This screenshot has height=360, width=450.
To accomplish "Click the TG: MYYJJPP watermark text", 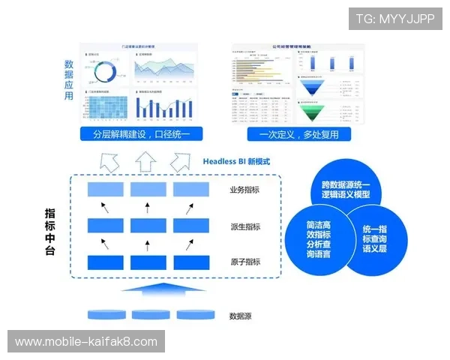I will [x=395, y=18].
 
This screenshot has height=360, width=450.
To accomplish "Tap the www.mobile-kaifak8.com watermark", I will [x=86, y=342].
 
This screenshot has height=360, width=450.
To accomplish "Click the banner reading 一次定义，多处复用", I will [x=298, y=135].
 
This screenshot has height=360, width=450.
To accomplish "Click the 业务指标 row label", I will [x=244, y=190].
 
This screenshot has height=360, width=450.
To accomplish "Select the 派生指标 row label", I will [x=244, y=226].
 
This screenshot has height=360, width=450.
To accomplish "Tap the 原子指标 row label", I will [x=244, y=262].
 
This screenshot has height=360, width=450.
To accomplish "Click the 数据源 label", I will [x=240, y=316].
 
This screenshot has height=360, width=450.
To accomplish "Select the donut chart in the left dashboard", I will [x=104, y=70].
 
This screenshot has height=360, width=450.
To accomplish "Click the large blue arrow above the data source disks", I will [x=148, y=292].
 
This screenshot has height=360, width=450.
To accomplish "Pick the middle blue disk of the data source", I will [x=148, y=315].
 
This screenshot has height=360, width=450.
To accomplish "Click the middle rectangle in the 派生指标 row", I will [x=148, y=225].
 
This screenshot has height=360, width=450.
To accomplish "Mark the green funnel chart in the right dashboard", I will [x=318, y=112].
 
